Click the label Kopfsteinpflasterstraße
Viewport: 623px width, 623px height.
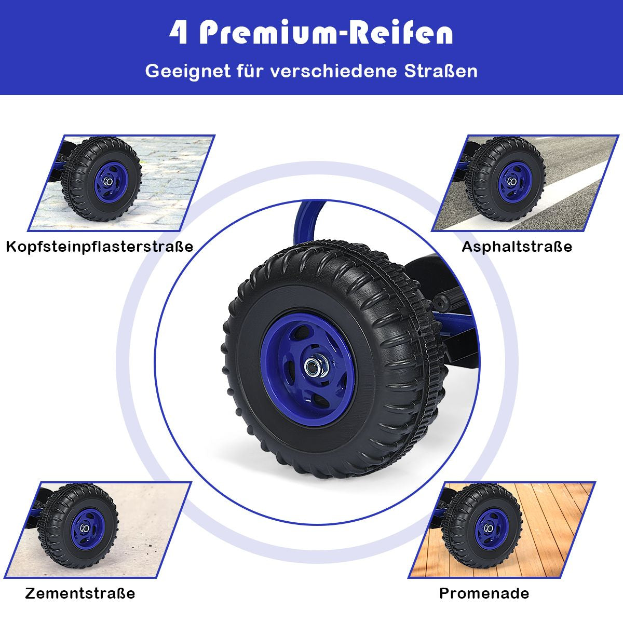(x=100, y=247)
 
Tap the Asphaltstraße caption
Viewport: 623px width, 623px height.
(x=517, y=247)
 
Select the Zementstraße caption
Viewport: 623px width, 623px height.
(x=80, y=593)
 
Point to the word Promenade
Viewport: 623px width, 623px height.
(x=484, y=593)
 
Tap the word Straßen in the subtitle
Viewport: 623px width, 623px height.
(x=441, y=71)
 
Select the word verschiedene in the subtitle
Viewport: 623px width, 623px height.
(x=333, y=71)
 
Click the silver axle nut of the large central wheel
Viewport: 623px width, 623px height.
(x=313, y=367)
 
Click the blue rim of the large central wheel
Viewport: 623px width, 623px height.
(x=307, y=370)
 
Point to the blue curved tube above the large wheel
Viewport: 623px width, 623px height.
(x=308, y=223)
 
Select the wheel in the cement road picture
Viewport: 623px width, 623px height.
(x=78, y=526)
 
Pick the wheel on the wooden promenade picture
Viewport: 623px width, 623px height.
(x=482, y=526)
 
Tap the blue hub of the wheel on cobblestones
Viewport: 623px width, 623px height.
(x=110, y=183)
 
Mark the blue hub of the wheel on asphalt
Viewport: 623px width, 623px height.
(x=514, y=183)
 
